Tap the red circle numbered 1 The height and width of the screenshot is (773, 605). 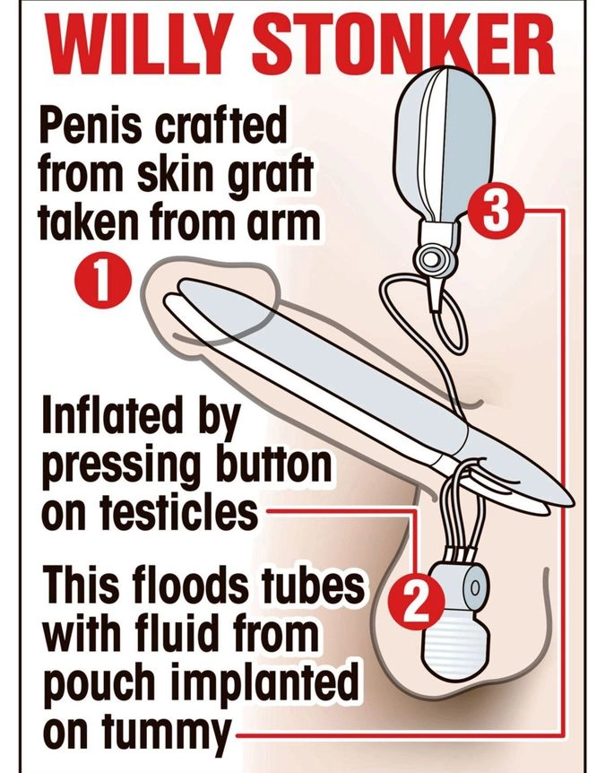coord(102,282)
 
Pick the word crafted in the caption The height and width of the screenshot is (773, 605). coord(220,126)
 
